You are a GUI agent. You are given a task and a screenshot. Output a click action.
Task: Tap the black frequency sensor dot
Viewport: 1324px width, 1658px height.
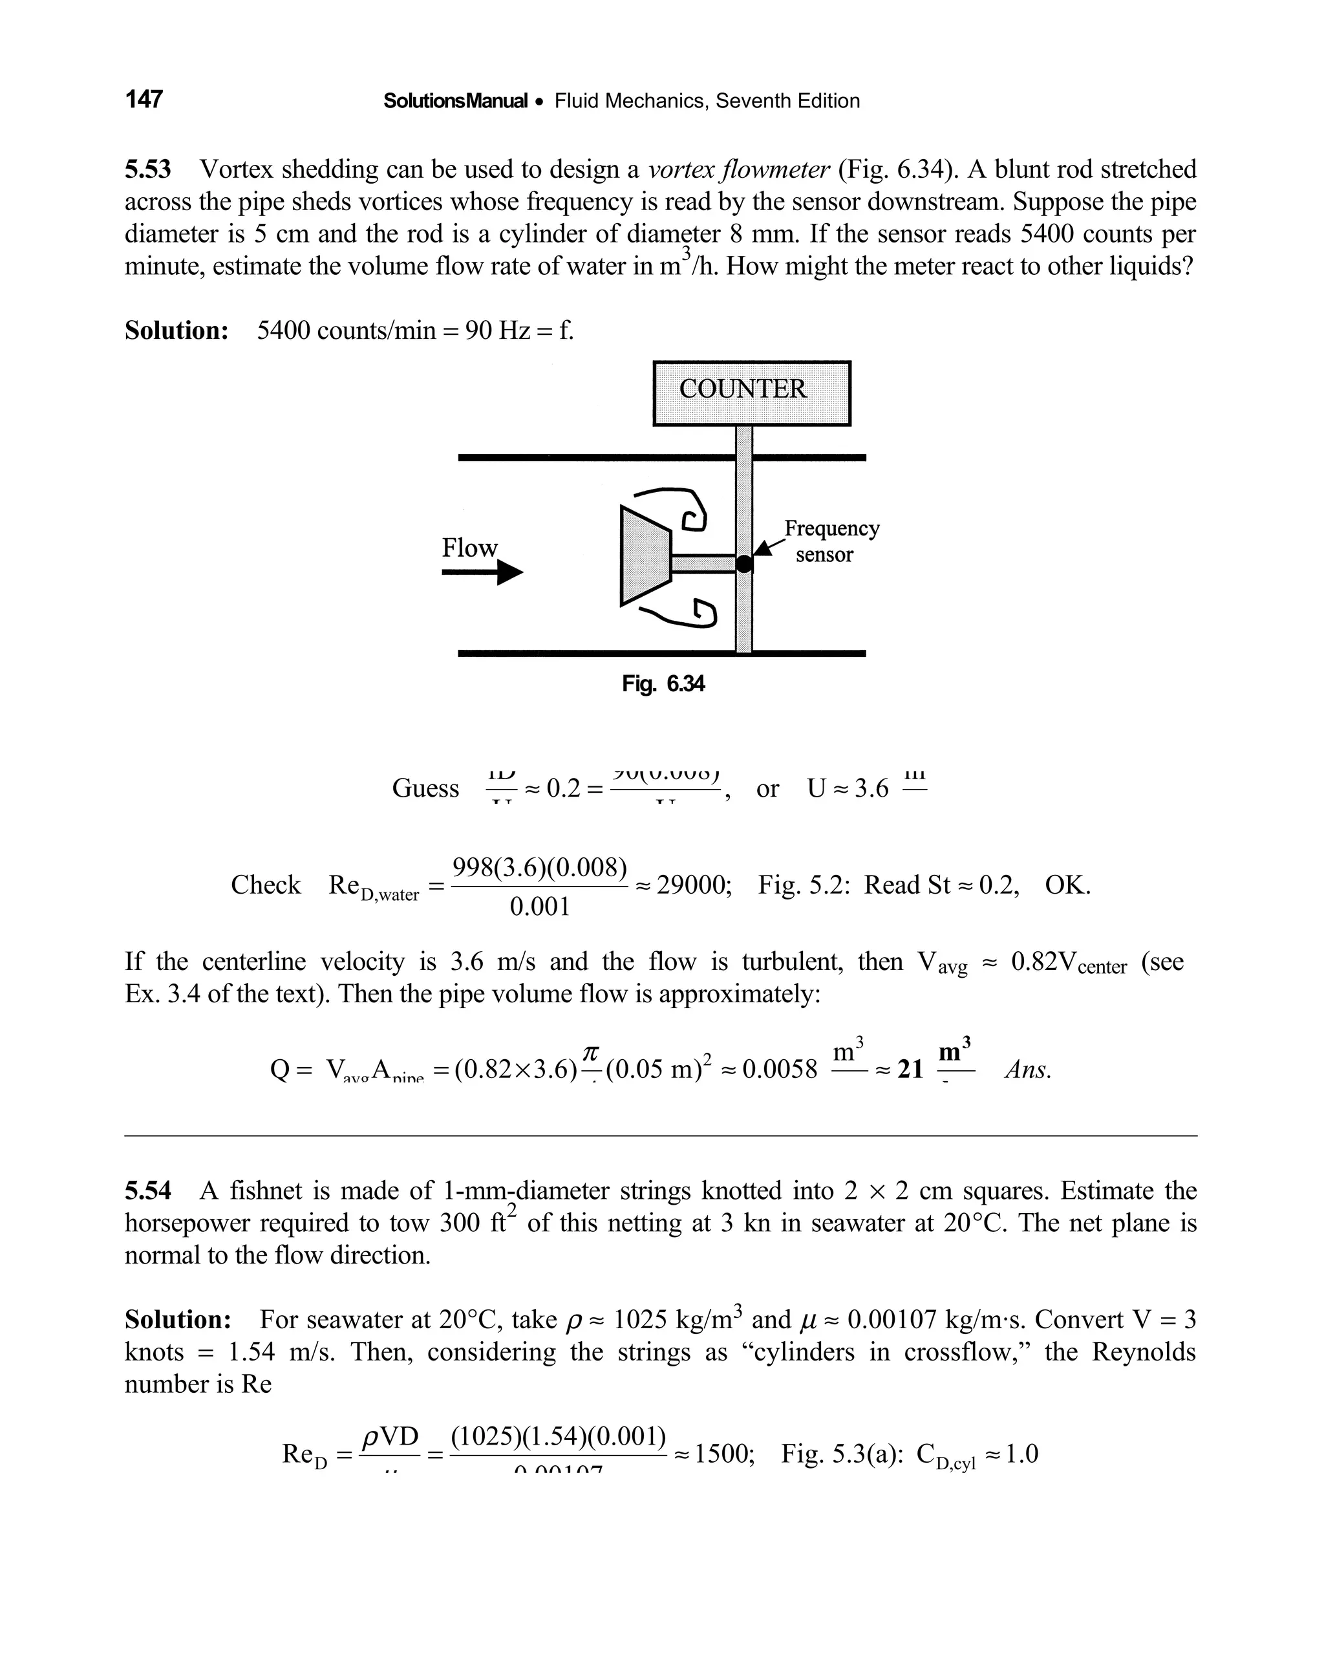[744, 564]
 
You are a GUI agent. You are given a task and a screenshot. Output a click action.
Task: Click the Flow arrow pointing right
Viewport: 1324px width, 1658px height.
[482, 572]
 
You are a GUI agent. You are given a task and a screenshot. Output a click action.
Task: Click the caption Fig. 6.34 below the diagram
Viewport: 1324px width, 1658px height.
[663, 684]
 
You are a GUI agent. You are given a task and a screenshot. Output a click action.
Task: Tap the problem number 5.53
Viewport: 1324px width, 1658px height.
[147, 169]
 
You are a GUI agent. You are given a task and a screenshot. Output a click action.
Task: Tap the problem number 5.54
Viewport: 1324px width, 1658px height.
[147, 1191]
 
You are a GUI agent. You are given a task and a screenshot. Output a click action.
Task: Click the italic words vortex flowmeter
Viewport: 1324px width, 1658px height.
[739, 169]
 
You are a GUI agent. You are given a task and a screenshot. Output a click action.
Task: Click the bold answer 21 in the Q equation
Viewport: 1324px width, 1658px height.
[910, 1070]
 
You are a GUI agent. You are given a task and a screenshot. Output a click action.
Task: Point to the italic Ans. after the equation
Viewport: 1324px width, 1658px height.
[1027, 1070]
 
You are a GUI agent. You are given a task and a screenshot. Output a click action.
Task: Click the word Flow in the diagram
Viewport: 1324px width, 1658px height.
[469, 548]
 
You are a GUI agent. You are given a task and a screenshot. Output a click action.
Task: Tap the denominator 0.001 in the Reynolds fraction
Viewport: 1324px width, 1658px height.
[540, 907]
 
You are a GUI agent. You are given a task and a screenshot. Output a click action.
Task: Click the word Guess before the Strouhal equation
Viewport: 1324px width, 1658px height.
[425, 788]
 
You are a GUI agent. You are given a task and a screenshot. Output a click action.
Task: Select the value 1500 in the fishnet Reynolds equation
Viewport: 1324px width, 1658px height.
[723, 1454]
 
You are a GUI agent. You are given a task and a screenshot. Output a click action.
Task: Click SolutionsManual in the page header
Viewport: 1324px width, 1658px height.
[455, 101]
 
